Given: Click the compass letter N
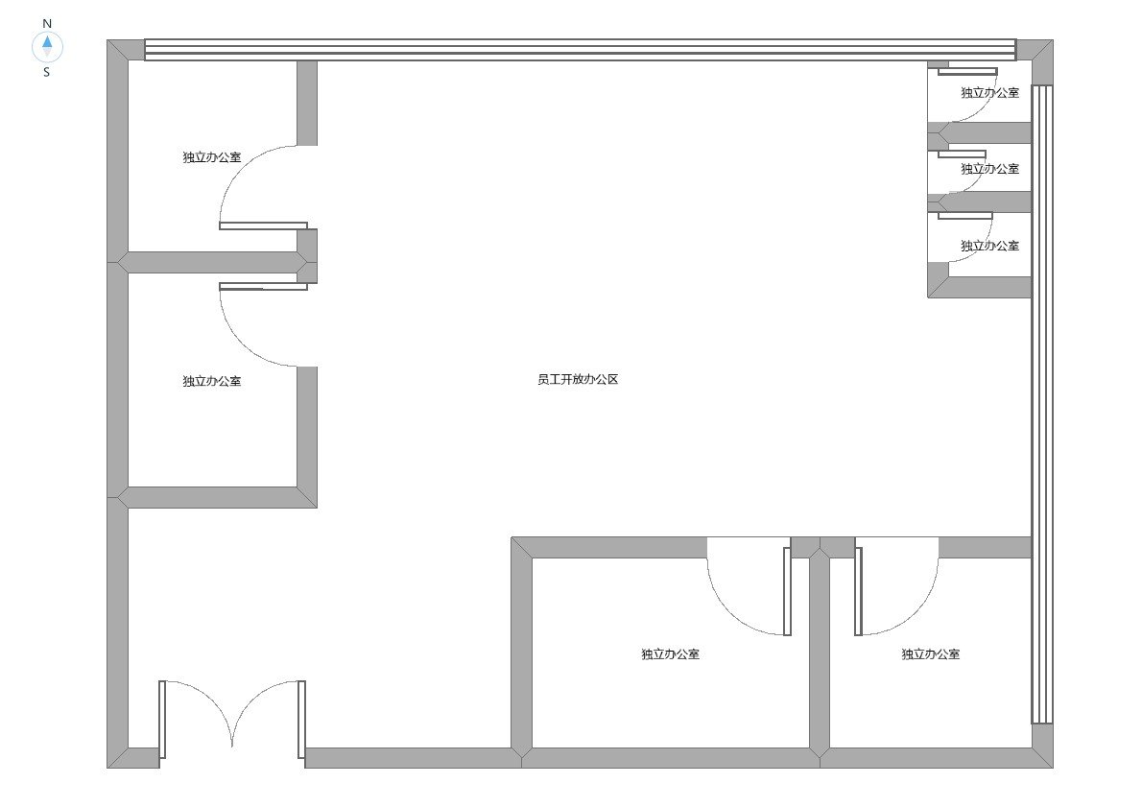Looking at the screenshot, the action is click(x=47, y=24).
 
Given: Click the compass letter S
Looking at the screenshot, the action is click(x=47, y=72).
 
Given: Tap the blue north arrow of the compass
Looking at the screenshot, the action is click(x=47, y=41).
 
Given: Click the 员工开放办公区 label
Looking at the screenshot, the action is click(x=578, y=379).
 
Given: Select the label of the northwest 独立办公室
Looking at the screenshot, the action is click(x=211, y=157).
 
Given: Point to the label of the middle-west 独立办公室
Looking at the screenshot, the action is click(x=211, y=381).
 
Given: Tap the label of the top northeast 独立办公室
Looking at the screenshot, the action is click(x=989, y=92).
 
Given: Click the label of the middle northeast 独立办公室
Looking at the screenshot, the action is click(x=989, y=169).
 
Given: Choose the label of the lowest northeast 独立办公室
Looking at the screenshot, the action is click(x=989, y=247).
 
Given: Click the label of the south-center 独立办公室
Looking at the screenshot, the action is click(x=670, y=654).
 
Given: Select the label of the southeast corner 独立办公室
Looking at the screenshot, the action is click(x=930, y=654).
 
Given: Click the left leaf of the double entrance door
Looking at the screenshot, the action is click(x=162, y=720).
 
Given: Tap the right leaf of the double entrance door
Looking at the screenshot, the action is click(x=301, y=720).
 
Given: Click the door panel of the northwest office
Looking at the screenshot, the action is click(x=263, y=225).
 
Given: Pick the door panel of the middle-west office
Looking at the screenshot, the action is click(x=263, y=286).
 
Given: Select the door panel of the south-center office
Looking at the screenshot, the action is click(x=787, y=591).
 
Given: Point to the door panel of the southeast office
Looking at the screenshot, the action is click(x=859, y=591).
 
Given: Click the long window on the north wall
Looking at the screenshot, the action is click(x=580, y=50).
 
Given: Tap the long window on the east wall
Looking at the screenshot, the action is click(x=1042, y=404).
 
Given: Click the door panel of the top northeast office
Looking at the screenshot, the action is click(x=967, y=71).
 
